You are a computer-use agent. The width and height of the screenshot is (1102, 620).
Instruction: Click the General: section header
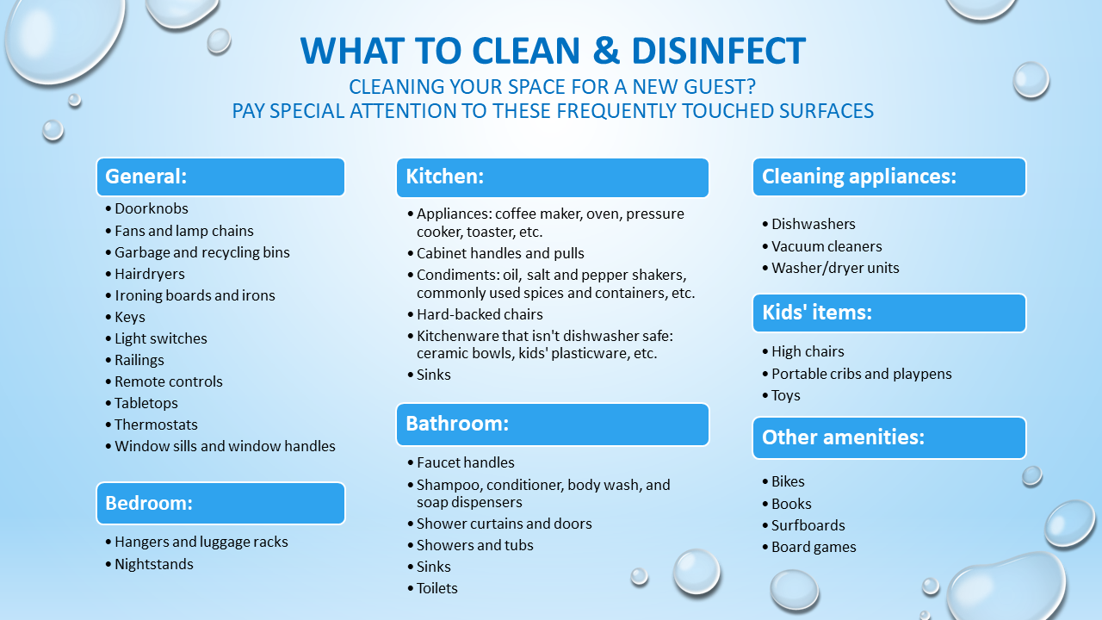220,177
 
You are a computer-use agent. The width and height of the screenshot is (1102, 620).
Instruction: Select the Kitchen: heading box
553,177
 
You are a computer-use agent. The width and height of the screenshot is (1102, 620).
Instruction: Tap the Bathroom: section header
553,425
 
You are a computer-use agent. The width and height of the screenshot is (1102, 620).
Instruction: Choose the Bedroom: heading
220,503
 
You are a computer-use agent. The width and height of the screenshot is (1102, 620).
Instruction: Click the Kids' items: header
889,313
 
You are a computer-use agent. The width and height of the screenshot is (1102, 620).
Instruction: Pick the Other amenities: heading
889,437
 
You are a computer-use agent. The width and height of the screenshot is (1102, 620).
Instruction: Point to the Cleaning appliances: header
889,177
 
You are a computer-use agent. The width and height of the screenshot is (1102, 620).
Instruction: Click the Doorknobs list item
151,208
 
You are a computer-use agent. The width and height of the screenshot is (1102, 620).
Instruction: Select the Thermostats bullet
156,425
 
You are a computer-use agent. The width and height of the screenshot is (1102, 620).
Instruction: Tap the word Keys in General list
130,318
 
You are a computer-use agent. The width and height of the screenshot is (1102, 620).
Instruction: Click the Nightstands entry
154,564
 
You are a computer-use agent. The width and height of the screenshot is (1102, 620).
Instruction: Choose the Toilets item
436,588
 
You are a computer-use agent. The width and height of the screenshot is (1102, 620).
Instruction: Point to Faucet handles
466,462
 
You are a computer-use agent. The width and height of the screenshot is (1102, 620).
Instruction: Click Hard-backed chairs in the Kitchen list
480,314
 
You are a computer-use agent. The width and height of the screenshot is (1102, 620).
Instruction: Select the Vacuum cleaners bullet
826,246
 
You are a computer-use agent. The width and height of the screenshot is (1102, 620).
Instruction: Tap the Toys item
786,395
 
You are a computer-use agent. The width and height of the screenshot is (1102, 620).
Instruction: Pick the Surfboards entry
808,525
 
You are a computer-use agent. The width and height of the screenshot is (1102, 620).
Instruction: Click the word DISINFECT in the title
718,51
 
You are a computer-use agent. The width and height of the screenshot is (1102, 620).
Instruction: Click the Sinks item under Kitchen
433,375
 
